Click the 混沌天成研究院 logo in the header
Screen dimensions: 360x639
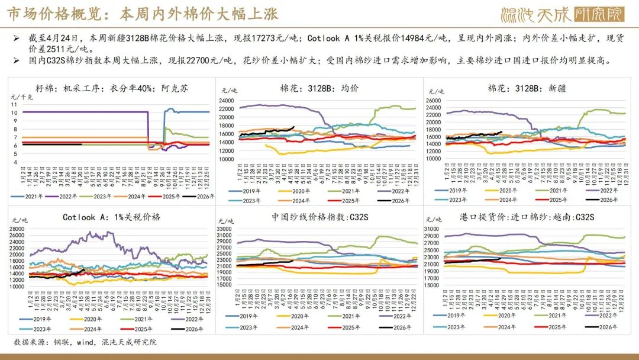point(561,14)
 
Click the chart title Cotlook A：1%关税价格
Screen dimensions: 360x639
point(111,217)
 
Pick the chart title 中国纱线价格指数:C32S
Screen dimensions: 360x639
point(319,217)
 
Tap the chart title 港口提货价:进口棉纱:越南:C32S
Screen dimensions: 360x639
point(527,217)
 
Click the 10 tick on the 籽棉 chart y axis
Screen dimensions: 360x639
point(14,112)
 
